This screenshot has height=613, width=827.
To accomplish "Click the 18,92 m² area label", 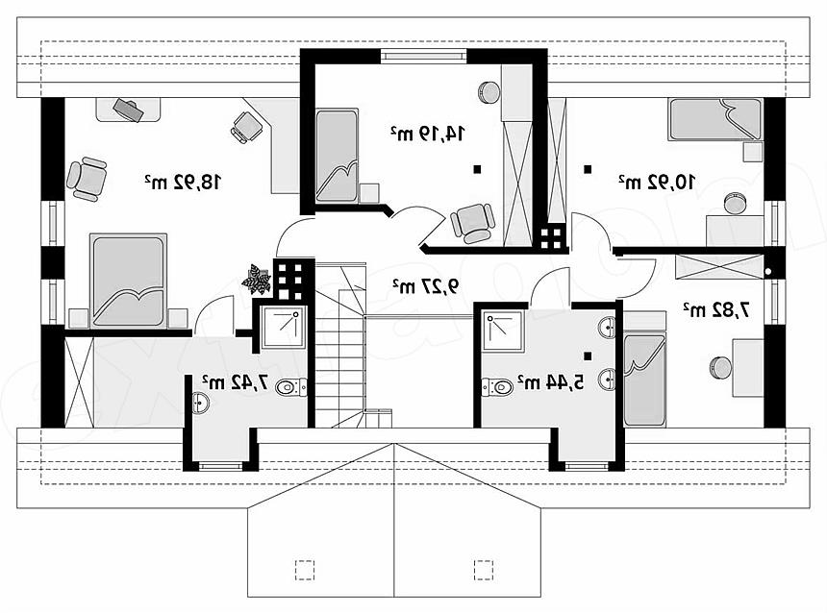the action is [x=183, y=182].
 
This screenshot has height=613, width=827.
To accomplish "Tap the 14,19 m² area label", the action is [x=427, y=134].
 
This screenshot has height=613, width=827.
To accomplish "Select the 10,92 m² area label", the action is [x=657, y=182].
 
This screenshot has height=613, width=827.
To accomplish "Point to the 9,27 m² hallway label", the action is [x=426, y=286].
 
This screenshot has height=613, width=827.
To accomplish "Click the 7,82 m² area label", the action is [x=716, y=310].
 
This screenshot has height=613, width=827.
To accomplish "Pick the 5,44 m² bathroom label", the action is [x=551, y=382].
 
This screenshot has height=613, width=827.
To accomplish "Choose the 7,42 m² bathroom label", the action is [x=236, y=381].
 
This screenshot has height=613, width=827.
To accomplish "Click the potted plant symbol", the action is [x=257, y=279].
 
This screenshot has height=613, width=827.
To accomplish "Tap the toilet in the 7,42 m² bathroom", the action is [x=291, y=387].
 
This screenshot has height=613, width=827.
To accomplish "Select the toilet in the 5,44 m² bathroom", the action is [x=497, y=387].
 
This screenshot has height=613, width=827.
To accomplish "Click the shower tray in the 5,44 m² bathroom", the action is [x=503, y=331].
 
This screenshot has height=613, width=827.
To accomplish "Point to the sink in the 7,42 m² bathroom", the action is [x=200, y=404].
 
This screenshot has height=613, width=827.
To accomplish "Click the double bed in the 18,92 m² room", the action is [x=128, y=281].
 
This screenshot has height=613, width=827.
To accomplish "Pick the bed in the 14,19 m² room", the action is [x=337, y=156].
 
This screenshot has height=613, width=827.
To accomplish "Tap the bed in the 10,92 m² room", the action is [x=715, y=119].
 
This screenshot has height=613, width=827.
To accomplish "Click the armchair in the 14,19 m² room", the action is [x=473, y=223].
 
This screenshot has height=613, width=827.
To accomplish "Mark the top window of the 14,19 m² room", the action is [x=423, y=56].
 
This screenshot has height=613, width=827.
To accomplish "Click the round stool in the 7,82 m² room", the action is [x=720, y=367].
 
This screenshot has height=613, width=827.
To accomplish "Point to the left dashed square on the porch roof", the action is [x=304, y=570].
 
